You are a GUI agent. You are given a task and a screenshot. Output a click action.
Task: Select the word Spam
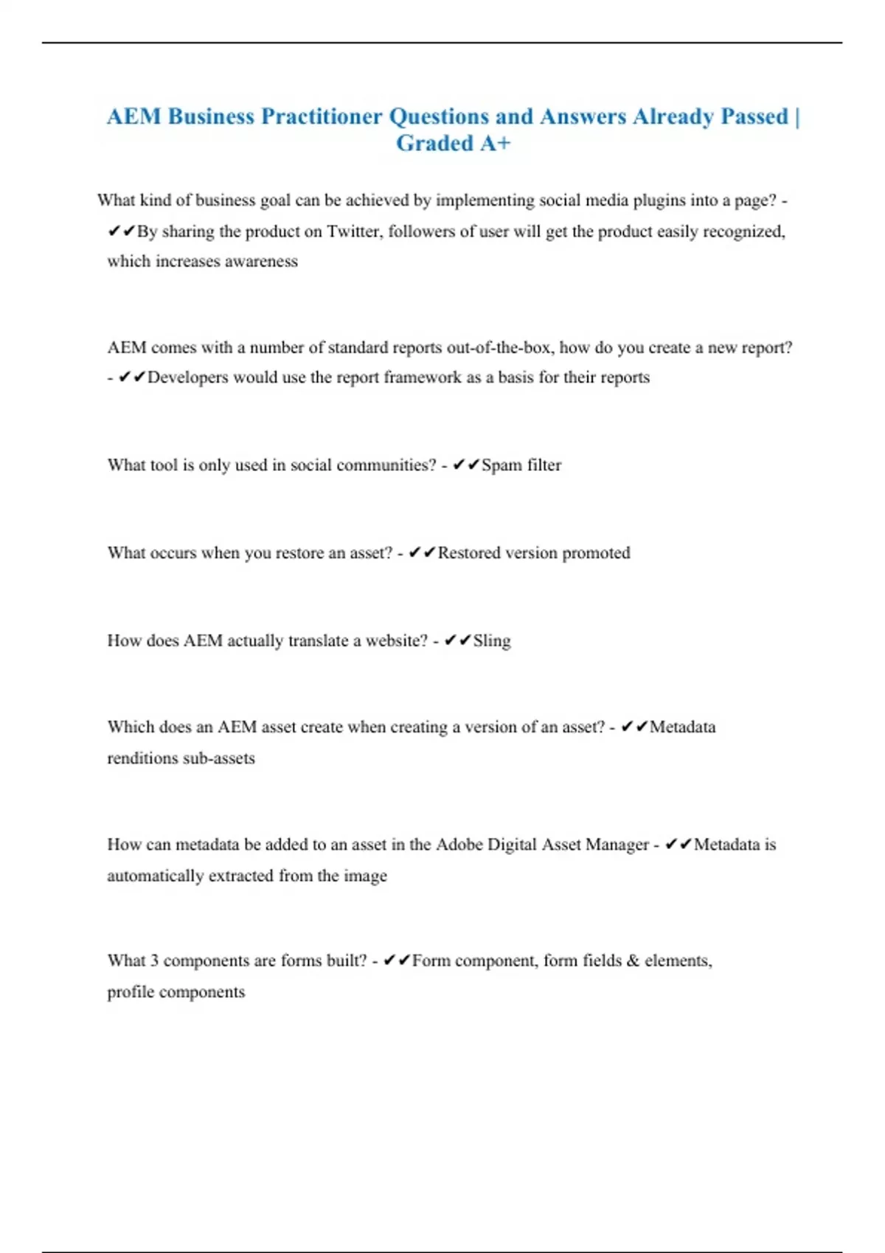click(x=502, y=465)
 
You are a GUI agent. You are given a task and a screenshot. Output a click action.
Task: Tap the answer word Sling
click(x=492, y=641)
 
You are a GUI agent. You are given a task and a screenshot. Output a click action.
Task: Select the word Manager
click(x=617, y=845)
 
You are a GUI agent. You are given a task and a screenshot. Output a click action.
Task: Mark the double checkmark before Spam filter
click(x=466, y=464)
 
